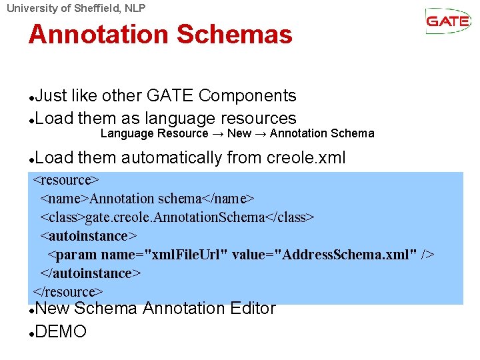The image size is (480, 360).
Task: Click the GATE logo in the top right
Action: coord(448,21)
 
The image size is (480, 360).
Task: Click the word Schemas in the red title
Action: coord(240,34)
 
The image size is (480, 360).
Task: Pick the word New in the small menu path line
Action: coord(239,133)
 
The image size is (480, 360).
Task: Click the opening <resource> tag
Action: coord(66,180)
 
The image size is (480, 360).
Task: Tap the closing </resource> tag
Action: coord(68,292)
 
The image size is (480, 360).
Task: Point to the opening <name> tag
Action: coord(65,199)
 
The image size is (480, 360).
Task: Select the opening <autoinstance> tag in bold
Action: coord(88,236)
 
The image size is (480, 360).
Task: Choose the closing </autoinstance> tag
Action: coord(91,273)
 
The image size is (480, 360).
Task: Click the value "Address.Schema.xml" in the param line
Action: coord(347,255)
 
